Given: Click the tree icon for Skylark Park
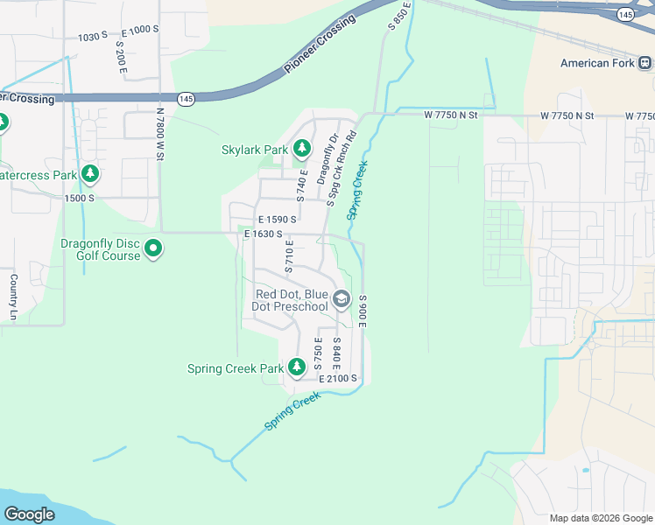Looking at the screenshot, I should pos(302,150).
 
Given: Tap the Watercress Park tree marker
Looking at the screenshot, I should pos(90,175).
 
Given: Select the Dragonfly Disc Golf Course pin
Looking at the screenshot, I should pos(153,249).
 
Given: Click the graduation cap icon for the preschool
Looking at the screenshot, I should pos(342,300).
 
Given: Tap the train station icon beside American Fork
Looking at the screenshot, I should pos(644,63).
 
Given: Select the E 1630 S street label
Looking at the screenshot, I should pos(263,234).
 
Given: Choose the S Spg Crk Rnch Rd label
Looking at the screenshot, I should pos(342,169).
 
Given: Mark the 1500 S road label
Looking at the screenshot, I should pos(79,198).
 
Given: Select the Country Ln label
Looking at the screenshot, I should pos(13,297).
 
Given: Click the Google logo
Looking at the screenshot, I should pos(29,514).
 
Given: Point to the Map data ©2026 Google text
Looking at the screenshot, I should pos(600,518).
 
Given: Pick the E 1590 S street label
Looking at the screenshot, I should pos(277,219).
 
